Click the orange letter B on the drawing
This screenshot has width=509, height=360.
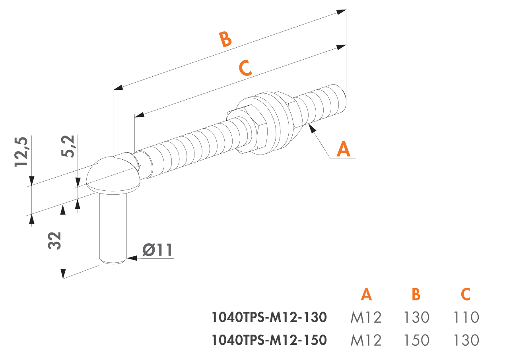click(225, 40)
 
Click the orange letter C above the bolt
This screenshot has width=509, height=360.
click(245, 68)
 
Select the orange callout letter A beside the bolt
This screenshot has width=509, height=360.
click(344, 149)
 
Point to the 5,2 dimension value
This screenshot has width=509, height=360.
click(70, 146)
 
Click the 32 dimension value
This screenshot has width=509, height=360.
click(55, 240)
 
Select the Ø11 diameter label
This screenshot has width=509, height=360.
click(158, 250)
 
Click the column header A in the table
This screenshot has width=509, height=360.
click(366, 294)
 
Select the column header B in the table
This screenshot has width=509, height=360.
click(416, 294)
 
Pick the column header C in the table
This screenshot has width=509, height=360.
click(466, 294)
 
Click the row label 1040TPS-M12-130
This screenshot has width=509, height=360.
click(269, 317)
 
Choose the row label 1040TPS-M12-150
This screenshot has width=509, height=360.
click(269, 340)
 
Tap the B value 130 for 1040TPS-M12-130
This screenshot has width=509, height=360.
click(416, 317)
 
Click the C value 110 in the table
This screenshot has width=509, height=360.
click(466, 317)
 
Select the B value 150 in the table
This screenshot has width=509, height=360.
click(416, 340)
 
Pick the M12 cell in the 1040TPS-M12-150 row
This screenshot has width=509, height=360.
click(366, 340)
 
